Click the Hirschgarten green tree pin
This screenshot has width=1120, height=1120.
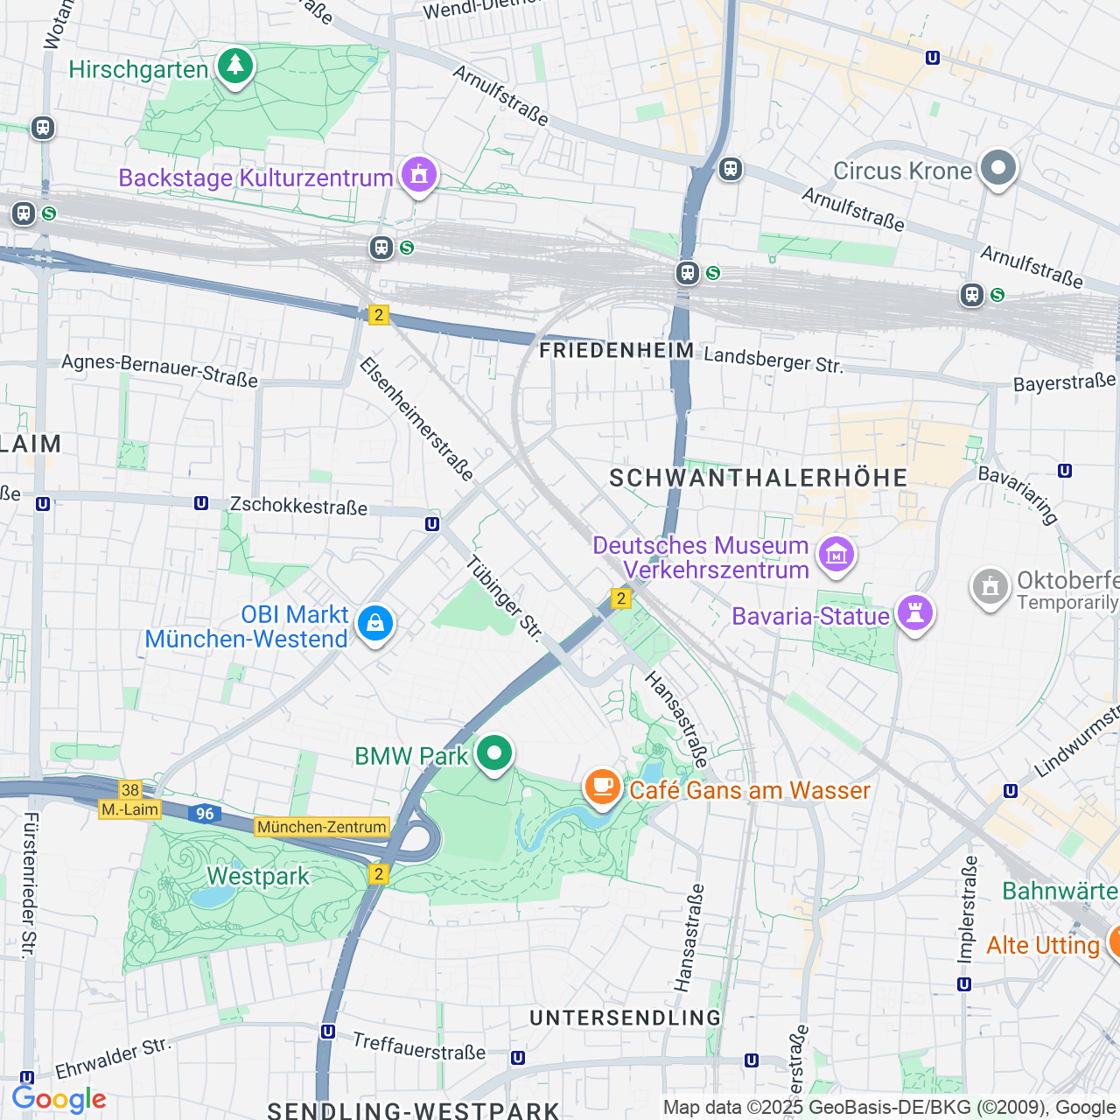pyautogui.click(x=234, y=66)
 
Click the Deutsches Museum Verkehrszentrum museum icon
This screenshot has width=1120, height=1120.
pyautogui.click(x=836, y=555)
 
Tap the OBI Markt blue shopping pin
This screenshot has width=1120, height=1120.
pyautogui.click(x=375, y=624)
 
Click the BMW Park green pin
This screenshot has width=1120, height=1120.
pyautogui.click(x=494, y=753)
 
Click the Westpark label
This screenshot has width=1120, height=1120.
pyautogui.click(x=258, y=876)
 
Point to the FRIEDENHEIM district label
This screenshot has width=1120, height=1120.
pyautogui.click(x=617, y=351)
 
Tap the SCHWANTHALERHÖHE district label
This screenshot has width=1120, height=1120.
pyautogui.click(x=759, y=478)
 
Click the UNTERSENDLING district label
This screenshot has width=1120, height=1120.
pyautogui.click(x=626, y=1018)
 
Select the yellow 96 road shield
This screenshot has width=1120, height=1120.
pyautogui.click(x=205, y=814)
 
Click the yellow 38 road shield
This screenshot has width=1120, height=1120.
pyautogui.click(x=130, y=790)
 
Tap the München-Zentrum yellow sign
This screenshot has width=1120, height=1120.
pyautogui.click(x=322, y=827)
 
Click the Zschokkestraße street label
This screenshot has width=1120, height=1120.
pyautogui.click(x=298, y=506)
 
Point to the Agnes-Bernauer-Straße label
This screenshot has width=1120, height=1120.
pyautogui.click(x=160, y=370)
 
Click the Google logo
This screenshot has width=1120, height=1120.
pyautogui.click(x=59, y=1099)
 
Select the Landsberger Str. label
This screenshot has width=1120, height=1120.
pyautogui.click(x=773, y=359)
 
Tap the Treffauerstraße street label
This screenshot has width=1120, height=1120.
pyautogui.click(x=419, y=1046)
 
